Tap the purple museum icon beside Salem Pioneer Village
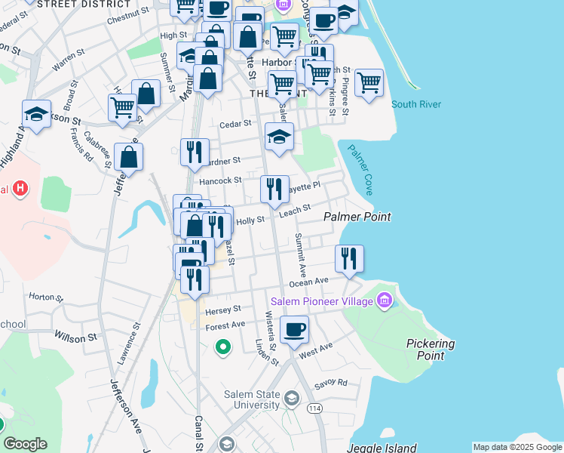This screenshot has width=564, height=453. coord(385,301)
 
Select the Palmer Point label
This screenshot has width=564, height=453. coord(357,217)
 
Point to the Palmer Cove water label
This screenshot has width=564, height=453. coord(360,171)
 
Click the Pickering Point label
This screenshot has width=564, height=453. coord(431,349)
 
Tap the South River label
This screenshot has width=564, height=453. coord(416,104)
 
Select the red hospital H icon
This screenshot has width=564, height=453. coord(20,189)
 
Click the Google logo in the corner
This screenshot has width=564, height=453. coord(25,443)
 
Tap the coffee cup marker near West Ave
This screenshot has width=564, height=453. coord(294,329)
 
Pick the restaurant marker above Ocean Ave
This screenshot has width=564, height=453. coord(349,258)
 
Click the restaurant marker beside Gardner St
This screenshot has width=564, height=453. coord(195,152)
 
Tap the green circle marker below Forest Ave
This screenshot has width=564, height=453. coord(222,347)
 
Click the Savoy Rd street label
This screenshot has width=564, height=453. coord(331,383)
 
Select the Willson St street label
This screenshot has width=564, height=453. coord(75,337)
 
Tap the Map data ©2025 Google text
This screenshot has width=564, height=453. coord(516,447)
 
